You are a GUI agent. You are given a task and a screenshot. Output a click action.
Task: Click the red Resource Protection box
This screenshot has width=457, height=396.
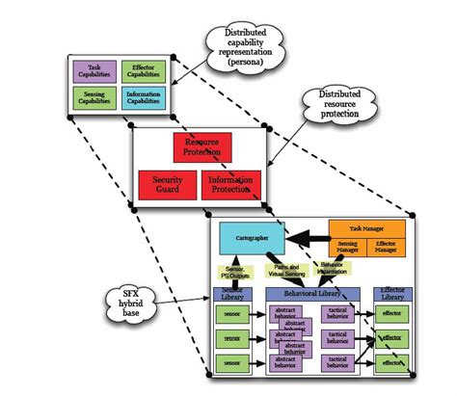pos(202,147)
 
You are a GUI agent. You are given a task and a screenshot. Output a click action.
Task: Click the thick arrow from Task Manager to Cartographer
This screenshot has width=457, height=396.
pos(306,236)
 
